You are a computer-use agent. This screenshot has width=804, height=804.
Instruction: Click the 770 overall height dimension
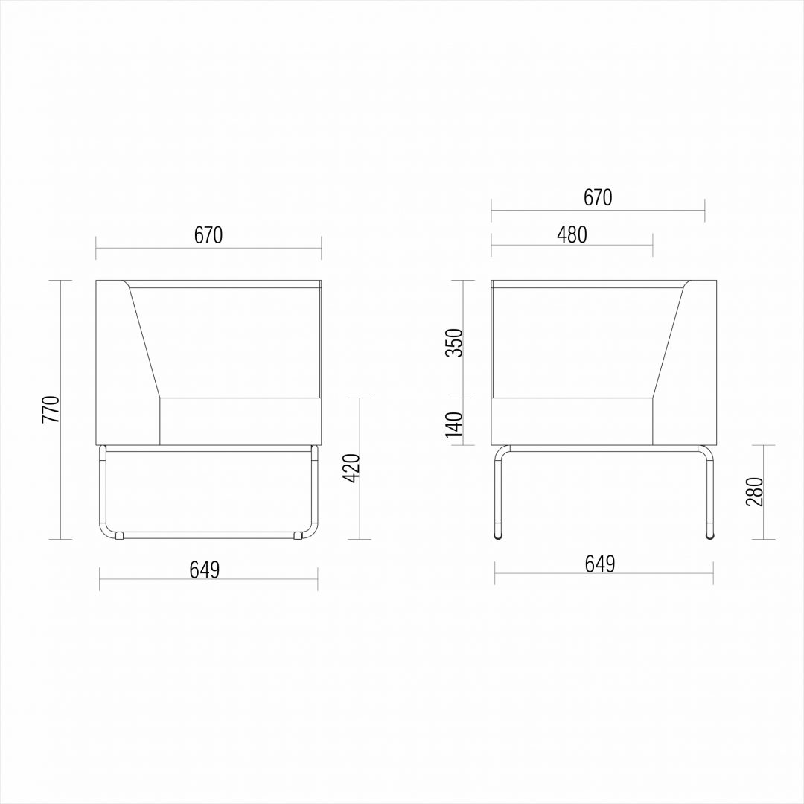(x=51, y=409)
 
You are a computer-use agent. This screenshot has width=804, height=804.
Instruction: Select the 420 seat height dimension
(x=353, y=468)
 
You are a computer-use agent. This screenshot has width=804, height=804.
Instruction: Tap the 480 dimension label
(x=572, y=234)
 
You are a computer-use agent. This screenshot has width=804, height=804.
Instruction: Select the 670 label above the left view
(x=208, y=235)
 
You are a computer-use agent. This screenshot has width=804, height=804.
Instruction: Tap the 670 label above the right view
(x=598, y=197)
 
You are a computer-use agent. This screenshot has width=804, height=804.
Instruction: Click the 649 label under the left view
(x=204, y=569)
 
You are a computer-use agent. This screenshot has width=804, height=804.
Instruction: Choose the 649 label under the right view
(x=600, y=564)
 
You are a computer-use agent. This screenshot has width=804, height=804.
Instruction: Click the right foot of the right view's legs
(x=709, y=535)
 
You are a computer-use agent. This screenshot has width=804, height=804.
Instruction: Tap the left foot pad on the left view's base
(x=118, y=535)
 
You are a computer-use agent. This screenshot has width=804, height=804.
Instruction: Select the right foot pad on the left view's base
(x=299, y=535)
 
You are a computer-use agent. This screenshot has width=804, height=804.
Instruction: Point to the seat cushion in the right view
(x=572, y=421)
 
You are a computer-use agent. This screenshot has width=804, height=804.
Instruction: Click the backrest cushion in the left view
(x=238, y=339)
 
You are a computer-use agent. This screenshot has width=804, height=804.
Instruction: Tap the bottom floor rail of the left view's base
(x=208, y=534)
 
